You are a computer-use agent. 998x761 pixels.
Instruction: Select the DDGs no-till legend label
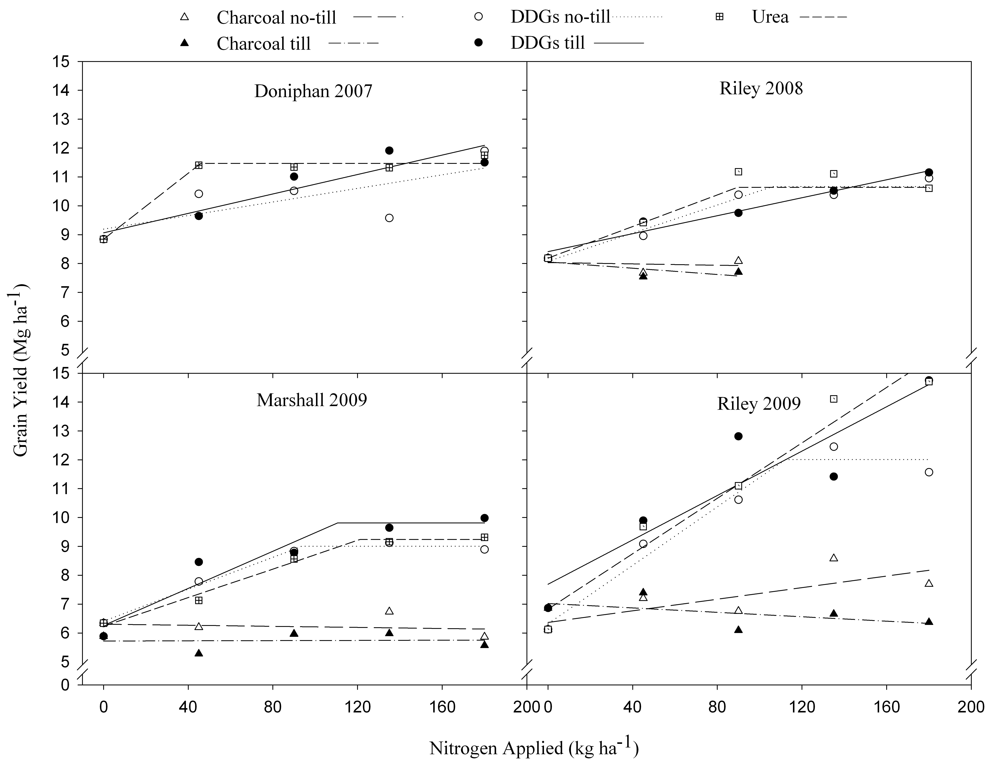coord(560,17)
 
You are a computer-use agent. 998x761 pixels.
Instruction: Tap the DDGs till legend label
coord(547,43)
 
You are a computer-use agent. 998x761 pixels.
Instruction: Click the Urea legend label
coord(770,17)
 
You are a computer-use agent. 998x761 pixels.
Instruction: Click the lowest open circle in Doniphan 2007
coord(389,218)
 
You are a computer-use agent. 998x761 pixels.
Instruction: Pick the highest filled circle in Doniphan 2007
coord(389,150)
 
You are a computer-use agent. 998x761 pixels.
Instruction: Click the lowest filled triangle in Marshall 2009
coord(198,653)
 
